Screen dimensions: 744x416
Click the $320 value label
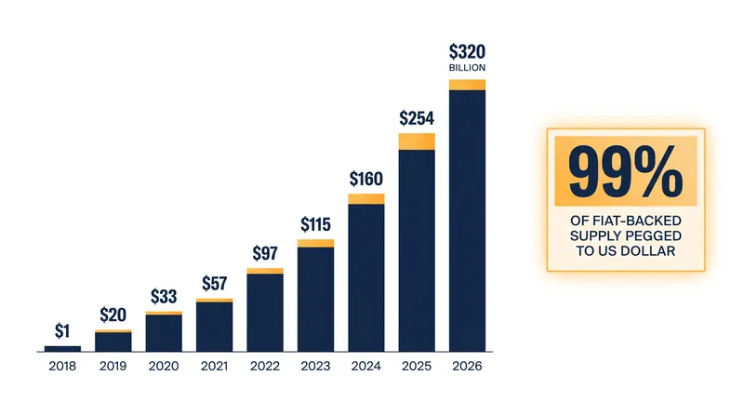coord(467,51)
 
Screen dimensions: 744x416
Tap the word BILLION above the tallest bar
coord(467,68)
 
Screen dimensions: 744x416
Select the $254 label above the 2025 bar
coord(417,118)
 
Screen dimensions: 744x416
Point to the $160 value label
coord(365,179)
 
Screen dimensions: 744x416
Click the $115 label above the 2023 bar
coord(315,224)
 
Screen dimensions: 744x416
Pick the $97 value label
coord(265,253)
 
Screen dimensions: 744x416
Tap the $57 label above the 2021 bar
coord(215,284)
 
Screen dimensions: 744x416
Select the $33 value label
coord(164,296)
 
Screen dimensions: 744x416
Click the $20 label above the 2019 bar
coord(113,315)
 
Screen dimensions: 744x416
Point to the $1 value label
coord(62,330)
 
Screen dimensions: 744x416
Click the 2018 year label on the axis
coord(62,366)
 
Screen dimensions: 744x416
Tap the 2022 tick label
coord(265,366)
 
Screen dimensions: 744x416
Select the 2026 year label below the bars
coord(467,366)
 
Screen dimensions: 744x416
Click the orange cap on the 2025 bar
coord(417,141)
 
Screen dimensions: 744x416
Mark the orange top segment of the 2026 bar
coord(468,85)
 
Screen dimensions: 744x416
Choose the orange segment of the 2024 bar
coord(366,199)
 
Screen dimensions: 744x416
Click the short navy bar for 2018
coord(62,349)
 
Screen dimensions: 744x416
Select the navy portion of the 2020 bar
coord(164,333)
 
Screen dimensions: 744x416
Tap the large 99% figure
coord(625,171)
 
